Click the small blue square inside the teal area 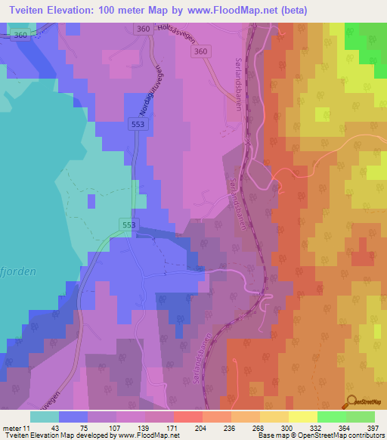91,200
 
